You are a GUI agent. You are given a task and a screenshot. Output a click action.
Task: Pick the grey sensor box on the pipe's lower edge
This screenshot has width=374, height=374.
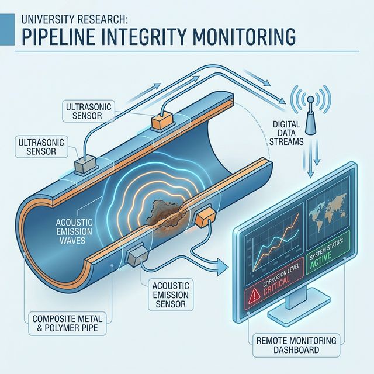coord(136,255)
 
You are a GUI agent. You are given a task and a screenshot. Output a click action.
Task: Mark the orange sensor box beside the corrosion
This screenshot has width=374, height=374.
coord(205,220)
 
